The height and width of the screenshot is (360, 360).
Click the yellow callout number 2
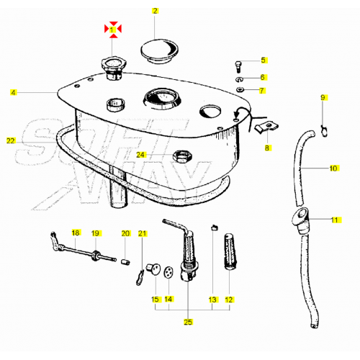[x=155, y=11]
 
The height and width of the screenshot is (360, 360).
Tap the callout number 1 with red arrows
[x=112, y=30]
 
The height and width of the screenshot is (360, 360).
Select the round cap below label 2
[x=159, y=51]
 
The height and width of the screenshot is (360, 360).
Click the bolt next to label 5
[x=238, y=67]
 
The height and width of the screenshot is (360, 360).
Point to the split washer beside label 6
[x=239, y=79]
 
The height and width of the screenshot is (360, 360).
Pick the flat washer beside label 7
[x=240, y=89]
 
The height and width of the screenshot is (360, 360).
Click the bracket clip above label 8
[x=266, y=127]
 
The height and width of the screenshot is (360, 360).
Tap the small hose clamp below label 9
[x=324, y=131]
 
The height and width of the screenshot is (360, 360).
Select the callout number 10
[x=333, y=168]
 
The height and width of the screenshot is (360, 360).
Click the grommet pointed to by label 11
[x=300, y=220]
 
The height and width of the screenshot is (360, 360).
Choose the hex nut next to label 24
[x=182, y=157]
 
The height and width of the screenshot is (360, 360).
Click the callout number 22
[x=11, y=141]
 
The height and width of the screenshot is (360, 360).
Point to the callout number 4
[x=14, y=92]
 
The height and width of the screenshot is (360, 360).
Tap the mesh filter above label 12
[x=230, y=251]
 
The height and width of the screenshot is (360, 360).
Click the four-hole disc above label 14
[x=169, y=272]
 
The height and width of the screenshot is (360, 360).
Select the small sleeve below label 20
[x=125, y=261]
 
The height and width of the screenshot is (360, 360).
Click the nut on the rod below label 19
[x=95, y=256]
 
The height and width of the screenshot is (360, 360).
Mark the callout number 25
[x=188, y=322]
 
